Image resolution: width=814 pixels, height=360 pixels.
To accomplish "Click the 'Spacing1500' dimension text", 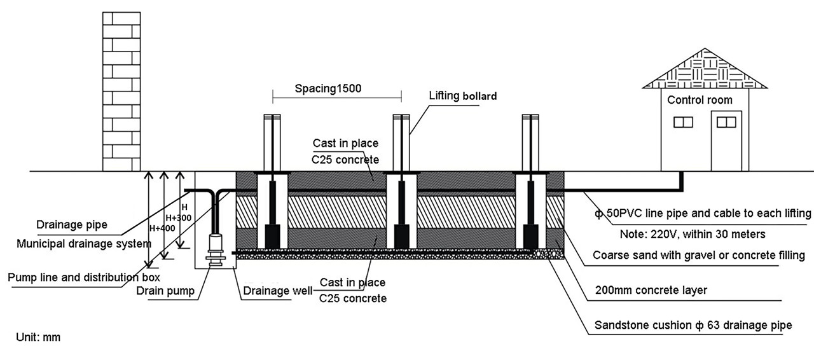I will click(x=328, y=89).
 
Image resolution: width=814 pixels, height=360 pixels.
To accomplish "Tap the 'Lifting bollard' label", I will click(x=462, y=97).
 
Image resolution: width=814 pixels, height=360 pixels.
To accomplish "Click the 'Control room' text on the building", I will click(x=700, y=100).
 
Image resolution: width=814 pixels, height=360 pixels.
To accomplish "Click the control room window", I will click(x=683, y=121).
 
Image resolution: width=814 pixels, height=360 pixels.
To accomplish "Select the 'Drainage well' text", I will click(x=277, y=291).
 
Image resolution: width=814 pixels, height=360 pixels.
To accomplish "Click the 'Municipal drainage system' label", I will click(x=84, y=244).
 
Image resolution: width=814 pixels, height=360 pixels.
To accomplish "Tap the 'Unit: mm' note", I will click(x=38, y=337).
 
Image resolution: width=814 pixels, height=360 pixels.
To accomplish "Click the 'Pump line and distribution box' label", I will click(x=83, y=277).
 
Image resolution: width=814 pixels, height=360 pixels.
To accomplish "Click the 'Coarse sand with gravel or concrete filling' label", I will click(x=699, y=256).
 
